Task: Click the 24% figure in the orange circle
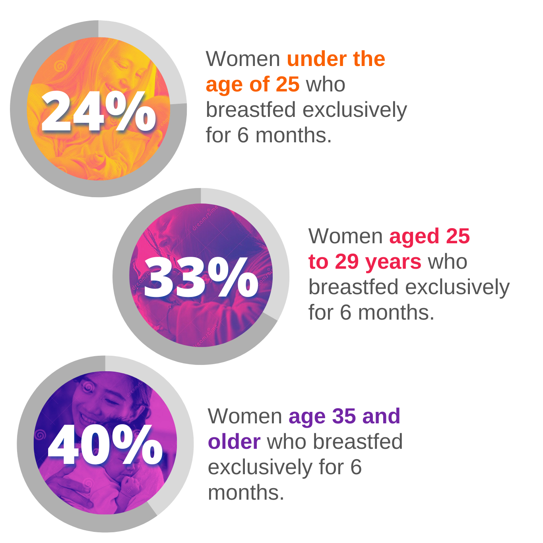[98, 111]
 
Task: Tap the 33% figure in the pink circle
[201, 277]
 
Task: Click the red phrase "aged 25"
[429, 237]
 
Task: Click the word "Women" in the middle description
[345, 236]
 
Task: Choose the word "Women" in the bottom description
[245, 416]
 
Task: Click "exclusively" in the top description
[355, 110]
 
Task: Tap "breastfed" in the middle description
[353, 287]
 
